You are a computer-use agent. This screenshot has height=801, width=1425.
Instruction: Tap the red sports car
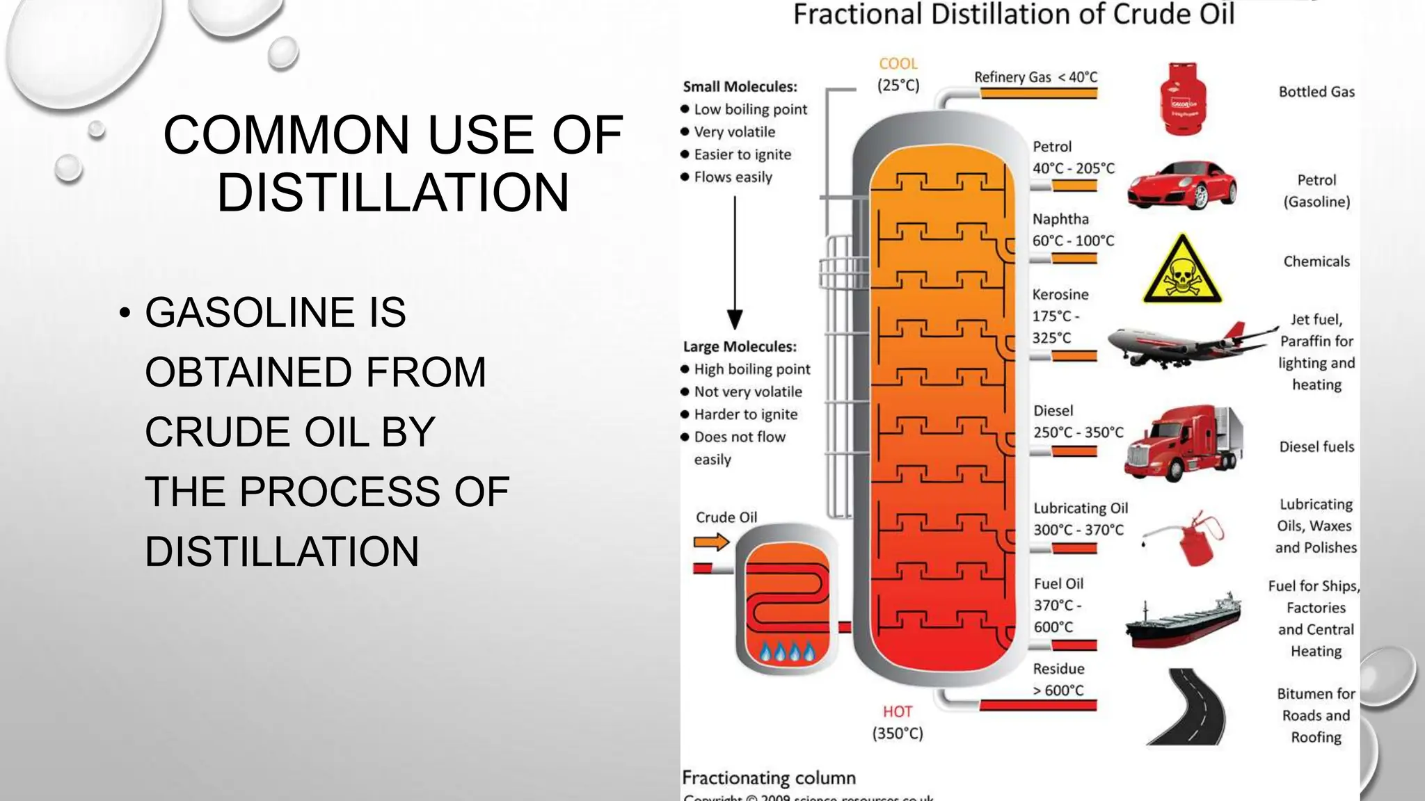(1181, 186)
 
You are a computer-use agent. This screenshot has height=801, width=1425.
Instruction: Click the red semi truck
(1183, 443)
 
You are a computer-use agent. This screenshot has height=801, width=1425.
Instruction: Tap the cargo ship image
(1183, 620)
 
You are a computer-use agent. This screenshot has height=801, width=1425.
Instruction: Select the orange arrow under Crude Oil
(711, 542)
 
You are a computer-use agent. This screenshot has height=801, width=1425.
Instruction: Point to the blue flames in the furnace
(787, 652)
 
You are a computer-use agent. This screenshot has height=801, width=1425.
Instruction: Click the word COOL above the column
(898, 64)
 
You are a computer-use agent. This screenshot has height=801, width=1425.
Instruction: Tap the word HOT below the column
(898, 712)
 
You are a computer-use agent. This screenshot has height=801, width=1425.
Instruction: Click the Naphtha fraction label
(1060, 219)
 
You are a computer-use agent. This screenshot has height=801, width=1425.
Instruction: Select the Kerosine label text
(1060, 295)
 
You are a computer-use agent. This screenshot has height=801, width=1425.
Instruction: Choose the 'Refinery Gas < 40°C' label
(1035, 77)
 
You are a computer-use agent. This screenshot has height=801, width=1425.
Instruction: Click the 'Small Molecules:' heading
(740, 87)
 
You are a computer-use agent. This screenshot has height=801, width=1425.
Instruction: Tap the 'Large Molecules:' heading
(740, 347)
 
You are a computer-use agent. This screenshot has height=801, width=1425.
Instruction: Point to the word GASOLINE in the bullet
(276, 312)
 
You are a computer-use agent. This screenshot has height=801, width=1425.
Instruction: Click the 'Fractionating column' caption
(768, 778)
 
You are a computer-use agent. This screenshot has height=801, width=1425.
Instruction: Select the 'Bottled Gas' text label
(1316, 92)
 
